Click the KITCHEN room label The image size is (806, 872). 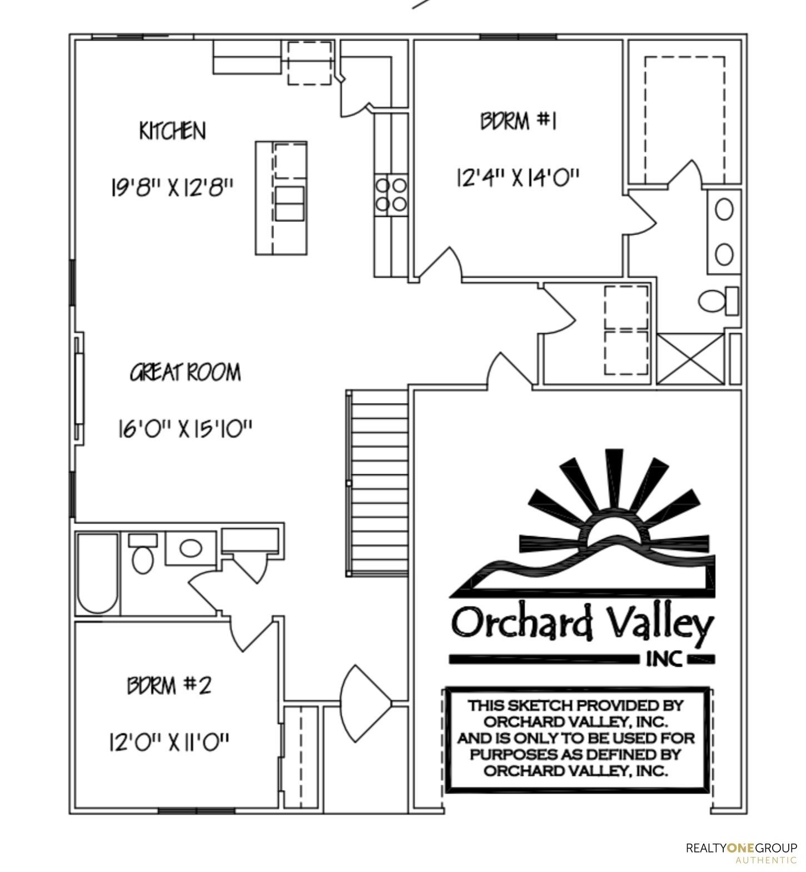(x=172, y=131)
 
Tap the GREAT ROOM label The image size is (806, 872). (x=186, y=372)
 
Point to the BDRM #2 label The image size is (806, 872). (x=169, y=685)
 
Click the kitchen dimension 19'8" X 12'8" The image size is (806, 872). (x=171, y=187)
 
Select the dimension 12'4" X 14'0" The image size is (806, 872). (x=518, y=178)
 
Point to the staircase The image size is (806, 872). (x=377, y=482)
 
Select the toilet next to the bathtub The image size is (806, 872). (x=143, y=554)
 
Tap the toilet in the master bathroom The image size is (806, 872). (x=718, y=301)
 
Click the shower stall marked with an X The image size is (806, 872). (x=691, y=358)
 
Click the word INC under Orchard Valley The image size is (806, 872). (x=664, y=659)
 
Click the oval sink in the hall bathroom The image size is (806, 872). (x=191, y=548)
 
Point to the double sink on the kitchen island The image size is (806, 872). (x=290, y=204)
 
